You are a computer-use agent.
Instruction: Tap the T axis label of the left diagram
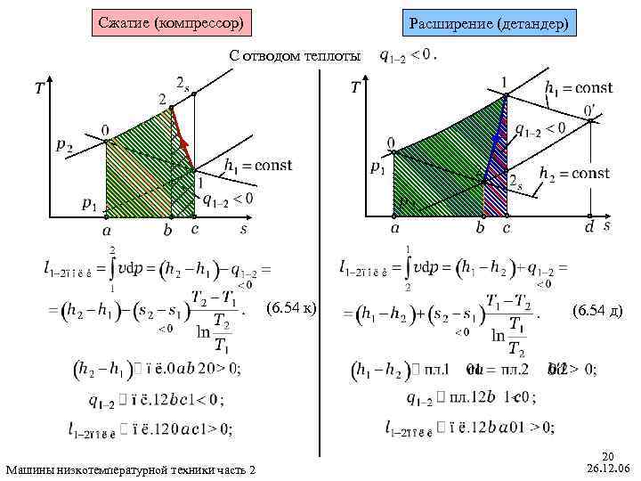[x=39, y=89]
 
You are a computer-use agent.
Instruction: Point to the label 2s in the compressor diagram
[x=183, y=83]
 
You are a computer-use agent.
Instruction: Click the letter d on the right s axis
[x=588, y=228]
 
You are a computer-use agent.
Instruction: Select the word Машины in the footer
[x=29, y=469]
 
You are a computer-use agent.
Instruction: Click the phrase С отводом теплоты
[x=295, y=55]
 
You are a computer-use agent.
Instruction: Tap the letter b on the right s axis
[x=480, y=228]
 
